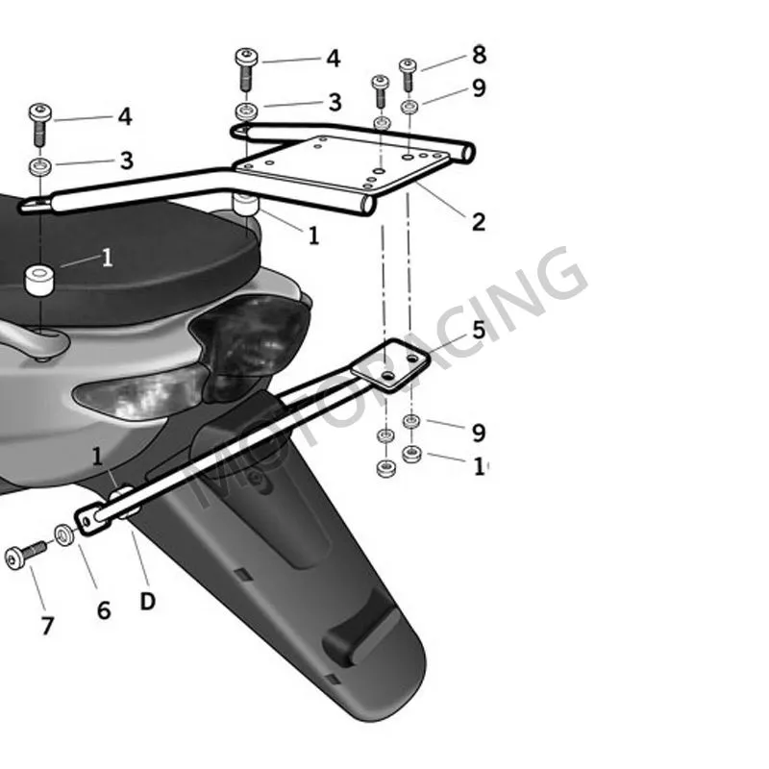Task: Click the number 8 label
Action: (479, 55)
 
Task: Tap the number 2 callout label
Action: (478, 222)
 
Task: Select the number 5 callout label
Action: (478, 332)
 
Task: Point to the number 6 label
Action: (104, 610)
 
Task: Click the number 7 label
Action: (47, 626)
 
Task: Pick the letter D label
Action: (147, 602)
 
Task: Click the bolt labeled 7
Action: (25, 556)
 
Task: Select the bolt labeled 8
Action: (408, 73)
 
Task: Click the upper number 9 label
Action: (479, 88)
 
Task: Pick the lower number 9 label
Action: (479, 433)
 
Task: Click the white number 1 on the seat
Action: (107, 258)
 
